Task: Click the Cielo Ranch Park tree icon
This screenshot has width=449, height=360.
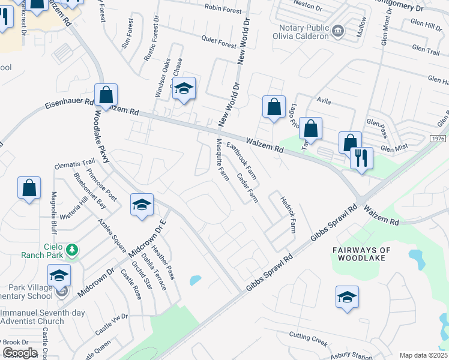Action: [x=72, y=249]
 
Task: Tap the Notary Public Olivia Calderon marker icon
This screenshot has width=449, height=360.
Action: [x=338, y=31]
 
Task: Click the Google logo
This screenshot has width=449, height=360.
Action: [x=20, y=353]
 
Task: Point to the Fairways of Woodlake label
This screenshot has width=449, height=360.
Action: [x=361, y=254]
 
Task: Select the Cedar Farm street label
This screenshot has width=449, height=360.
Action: [x=247, y=188]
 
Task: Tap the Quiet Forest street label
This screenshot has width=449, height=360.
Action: [x=219, y=44]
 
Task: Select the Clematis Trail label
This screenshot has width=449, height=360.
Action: [x=75, y=162]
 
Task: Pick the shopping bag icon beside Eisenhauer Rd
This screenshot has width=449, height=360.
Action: [x=106, y=95]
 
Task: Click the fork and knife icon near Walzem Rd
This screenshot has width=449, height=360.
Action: [x=361, y=158]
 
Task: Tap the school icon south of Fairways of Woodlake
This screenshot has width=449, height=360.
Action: [x=347, y=298]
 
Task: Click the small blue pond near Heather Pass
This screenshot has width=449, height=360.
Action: [x=195, y=280]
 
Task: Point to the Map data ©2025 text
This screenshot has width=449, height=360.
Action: [x=423, y=355]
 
